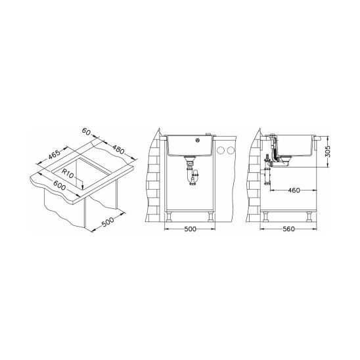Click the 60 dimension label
coord(86,131)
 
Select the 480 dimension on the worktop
coord(118,150)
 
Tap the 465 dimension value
coord(55,154)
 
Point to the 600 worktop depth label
coord(60,185)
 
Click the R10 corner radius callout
coord(68,173)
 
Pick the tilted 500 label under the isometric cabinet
coord(108,222)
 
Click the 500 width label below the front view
coord(191,229)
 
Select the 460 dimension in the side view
coord(294,190)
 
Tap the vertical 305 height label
coord(328,151)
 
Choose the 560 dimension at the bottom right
coord(289,229)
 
